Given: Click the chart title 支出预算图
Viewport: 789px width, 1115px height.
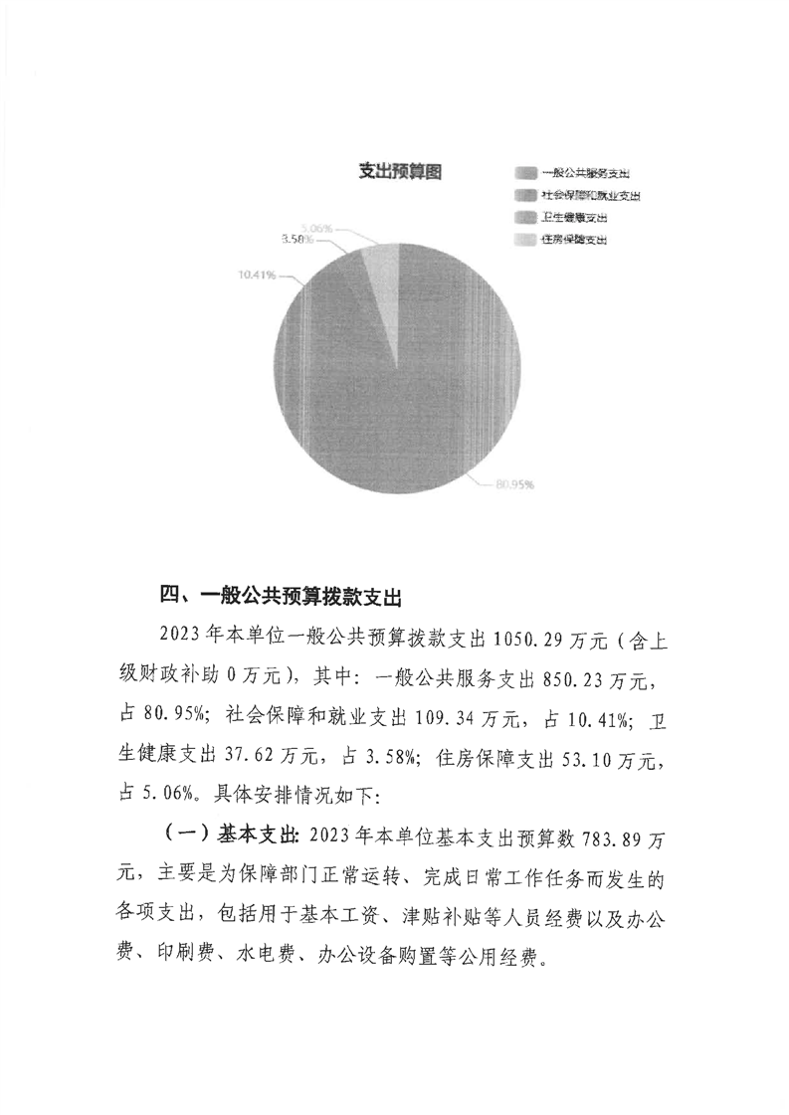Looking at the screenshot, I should click(399, 172).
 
